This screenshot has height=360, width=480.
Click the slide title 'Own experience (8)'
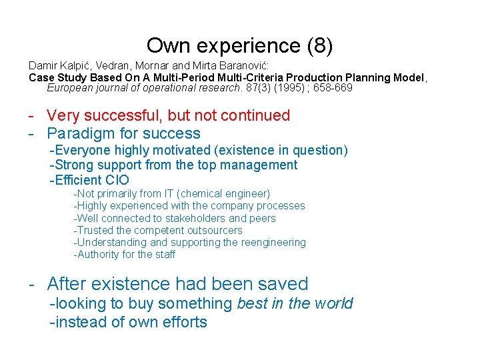[x=239, y=45]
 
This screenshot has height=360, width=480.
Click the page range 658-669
[x=333, y=88]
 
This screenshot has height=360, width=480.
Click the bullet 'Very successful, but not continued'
[x=169, y=115]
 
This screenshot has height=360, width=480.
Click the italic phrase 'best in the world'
[x=295, y=304]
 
